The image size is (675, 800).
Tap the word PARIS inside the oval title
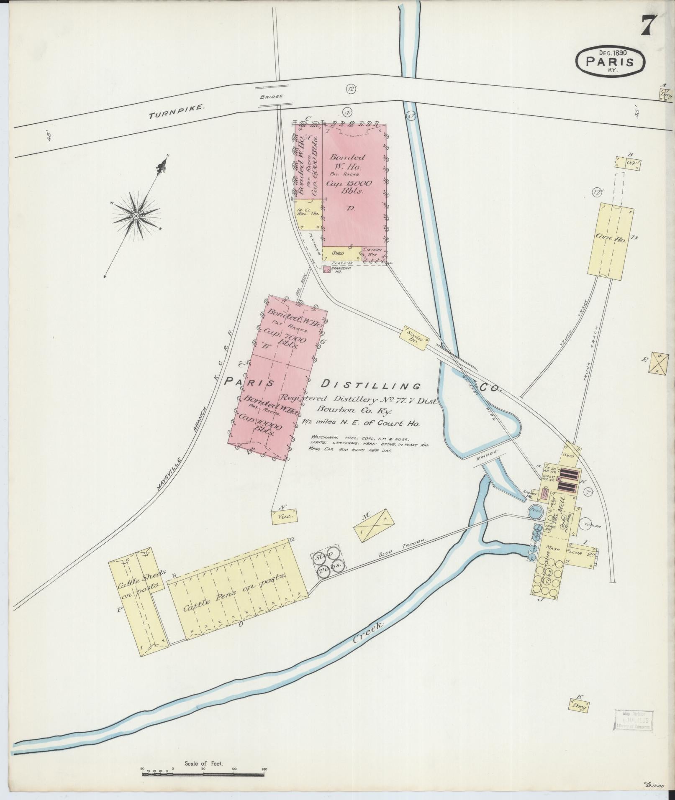(609, 62)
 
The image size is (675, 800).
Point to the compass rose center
(136, 216)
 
